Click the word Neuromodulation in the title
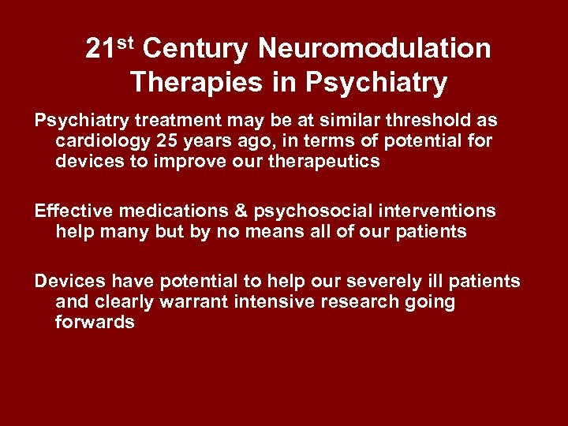pos(374,49)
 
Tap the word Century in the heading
pos(196,49)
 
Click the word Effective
pos(73,211)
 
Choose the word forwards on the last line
pos(95,322)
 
